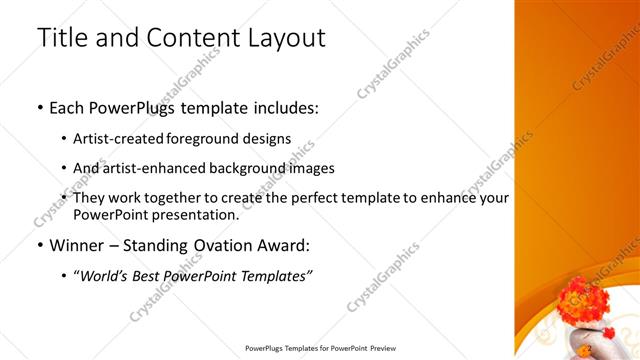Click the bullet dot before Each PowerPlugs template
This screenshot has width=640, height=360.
(40, 107)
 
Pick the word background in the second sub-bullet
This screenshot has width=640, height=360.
(249, 168)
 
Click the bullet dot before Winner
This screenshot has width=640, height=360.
(40, 244)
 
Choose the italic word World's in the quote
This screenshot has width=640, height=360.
(107, 275)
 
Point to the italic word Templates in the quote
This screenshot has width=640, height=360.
(271, 275)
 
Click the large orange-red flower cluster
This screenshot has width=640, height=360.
(579, 299)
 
